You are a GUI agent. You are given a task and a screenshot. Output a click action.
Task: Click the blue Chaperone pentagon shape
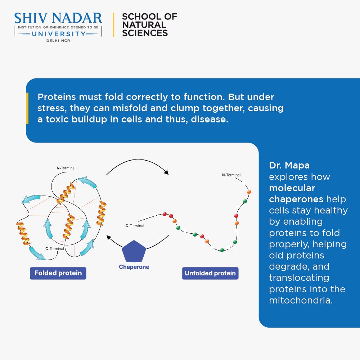pos(134,251)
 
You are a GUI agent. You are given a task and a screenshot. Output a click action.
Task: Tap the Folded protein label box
pos(58,273)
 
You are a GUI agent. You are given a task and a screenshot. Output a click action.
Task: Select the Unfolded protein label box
pos(210,273)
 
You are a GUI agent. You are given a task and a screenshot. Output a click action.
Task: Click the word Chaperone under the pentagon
pos(134,267)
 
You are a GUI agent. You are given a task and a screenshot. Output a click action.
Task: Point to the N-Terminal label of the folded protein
pos(66,168)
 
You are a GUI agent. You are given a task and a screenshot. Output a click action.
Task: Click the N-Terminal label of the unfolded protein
pos(231,175)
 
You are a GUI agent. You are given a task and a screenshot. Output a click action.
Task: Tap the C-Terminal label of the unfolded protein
pos(134,226)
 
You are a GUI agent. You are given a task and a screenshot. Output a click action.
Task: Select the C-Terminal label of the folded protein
pos(54,248)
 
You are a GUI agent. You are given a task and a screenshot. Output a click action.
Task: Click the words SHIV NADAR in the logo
pos(58,18)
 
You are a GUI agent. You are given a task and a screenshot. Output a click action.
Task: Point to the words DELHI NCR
pos(58,41)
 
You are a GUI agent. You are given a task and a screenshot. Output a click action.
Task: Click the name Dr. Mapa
pos(289,166)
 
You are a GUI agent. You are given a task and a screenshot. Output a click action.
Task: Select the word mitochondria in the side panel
pos(300,300)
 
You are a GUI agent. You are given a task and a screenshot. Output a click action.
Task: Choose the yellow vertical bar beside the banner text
pos(27,108)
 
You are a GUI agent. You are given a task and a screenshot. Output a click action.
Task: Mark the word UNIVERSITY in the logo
pos(58,34)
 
